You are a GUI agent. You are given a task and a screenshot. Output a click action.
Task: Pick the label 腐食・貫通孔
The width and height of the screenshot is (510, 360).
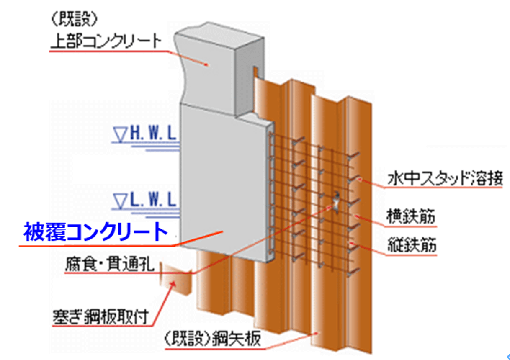[x=110, y=265]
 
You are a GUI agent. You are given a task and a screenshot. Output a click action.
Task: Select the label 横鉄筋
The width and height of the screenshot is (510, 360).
[x=410, y=218]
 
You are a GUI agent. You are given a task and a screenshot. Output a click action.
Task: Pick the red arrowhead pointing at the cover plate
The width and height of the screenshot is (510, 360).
[x=171, y=285]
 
